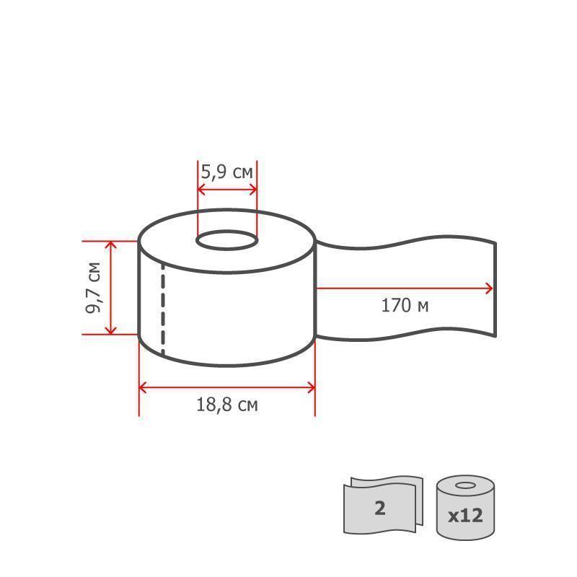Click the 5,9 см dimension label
click(x=226, y=172)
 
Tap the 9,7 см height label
click(x=93, y=288)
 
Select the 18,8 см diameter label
click(x=227, y=405)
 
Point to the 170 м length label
click(x=405, y=305)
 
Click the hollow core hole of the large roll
click(x=227, y=241)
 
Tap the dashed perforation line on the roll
click(x=163, y=309)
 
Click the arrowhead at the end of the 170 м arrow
click(x=490, y=288)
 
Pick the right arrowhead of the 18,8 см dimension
click(x=312, y=387)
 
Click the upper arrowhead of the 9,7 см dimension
click(x=111, y=245)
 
